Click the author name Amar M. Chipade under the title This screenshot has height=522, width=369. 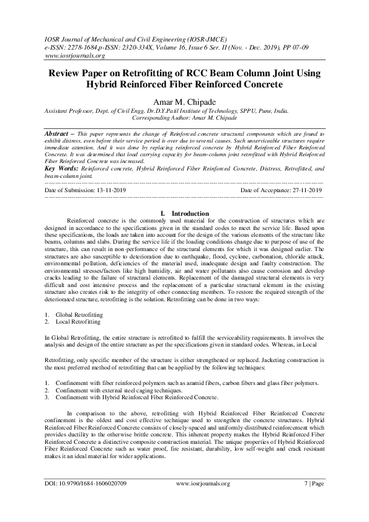click(184, 100)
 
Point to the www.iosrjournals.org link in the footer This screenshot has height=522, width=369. click(203, 484)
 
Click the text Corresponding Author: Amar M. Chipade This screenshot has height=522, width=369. click(185, 117)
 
